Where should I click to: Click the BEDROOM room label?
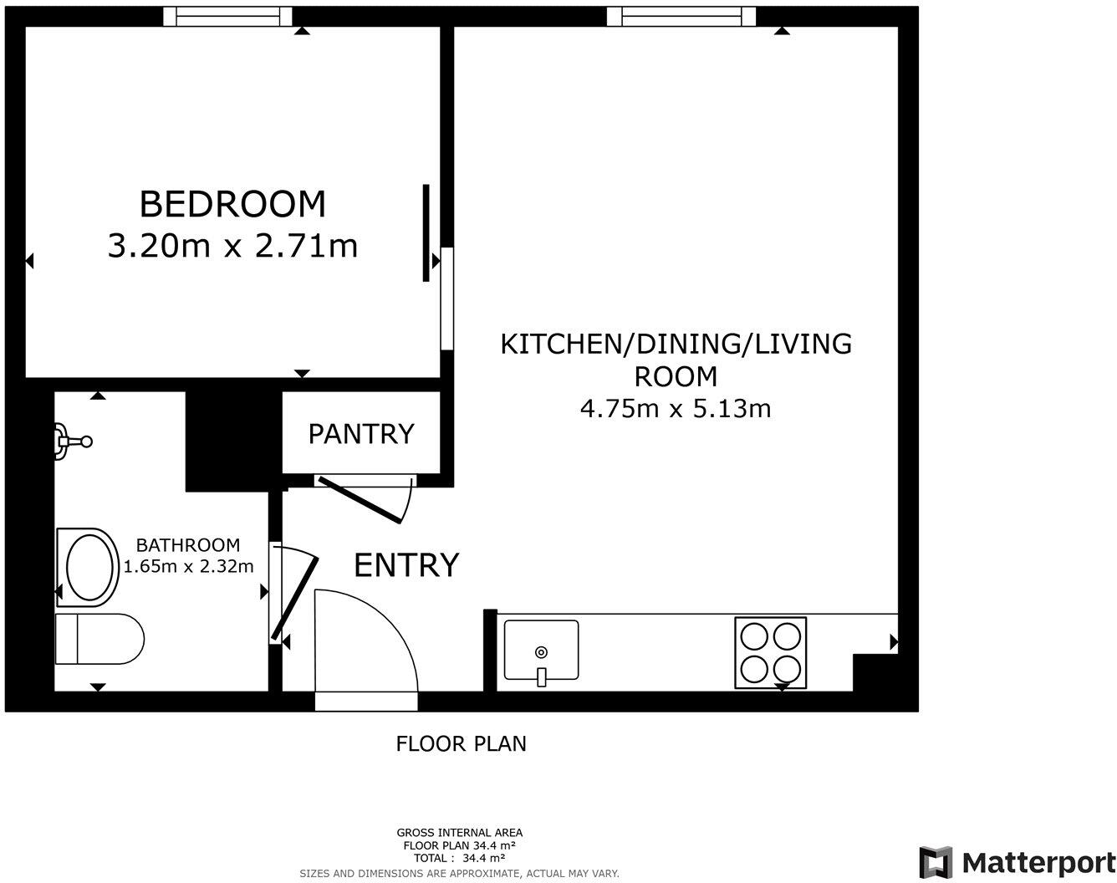coord(232,204)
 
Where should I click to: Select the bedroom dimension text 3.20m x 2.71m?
coord(232,246)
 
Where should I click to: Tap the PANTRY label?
coord(360,434)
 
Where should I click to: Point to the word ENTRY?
coord(406,565)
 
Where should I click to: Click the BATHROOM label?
coord(188,545)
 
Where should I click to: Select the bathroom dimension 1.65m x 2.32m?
coord(188,566)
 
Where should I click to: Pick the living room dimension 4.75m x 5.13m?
coord(675,408)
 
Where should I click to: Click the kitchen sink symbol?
coord(541,651)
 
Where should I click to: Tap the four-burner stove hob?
coord(770,652)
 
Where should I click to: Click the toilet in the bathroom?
coord(99,640)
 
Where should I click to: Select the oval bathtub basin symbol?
coord(88,568)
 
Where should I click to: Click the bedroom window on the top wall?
coord(227,16)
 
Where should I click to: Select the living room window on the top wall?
coord(681,16)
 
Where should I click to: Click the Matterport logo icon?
coord(936,862)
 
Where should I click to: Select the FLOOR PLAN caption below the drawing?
coord(461,743)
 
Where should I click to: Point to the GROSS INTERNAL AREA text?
coord(459,832)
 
